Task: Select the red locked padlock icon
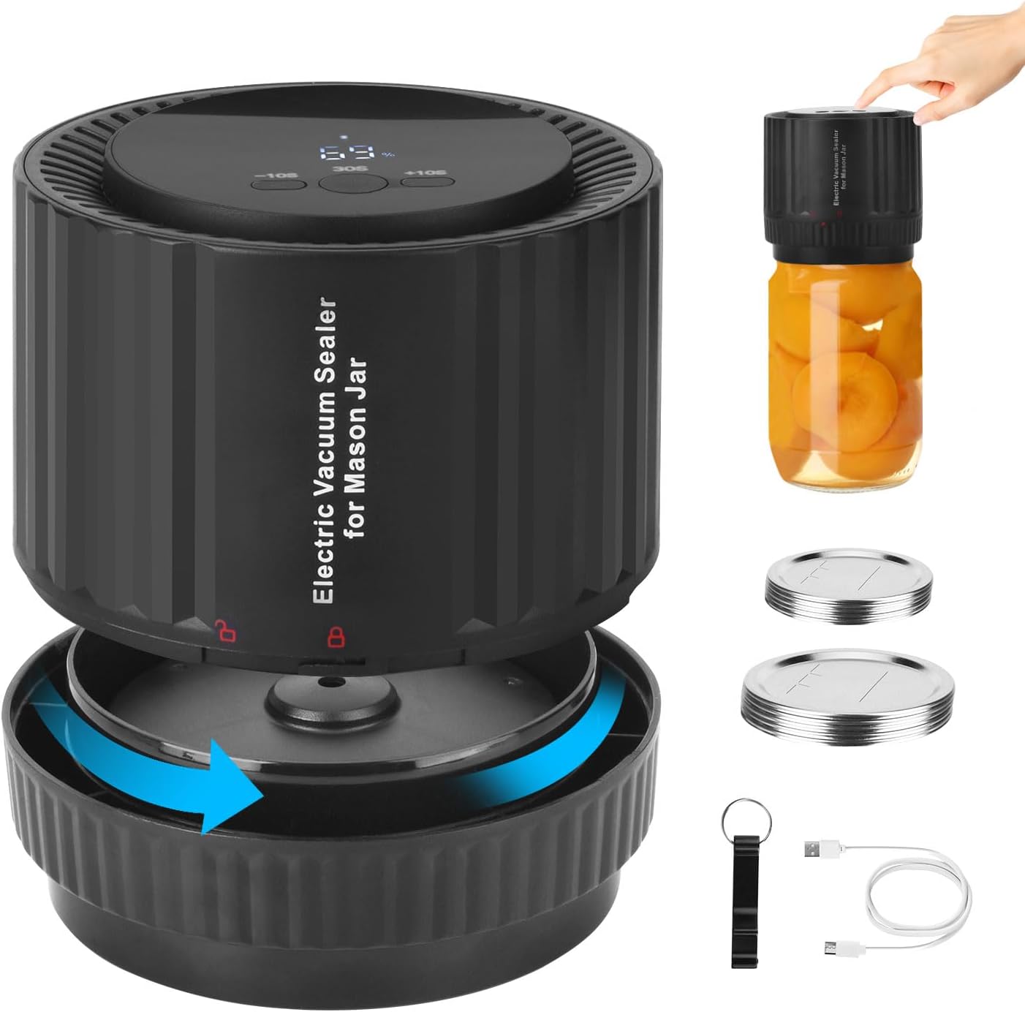[336, 635]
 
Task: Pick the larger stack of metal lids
[847, 695]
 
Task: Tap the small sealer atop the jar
[840, 175]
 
